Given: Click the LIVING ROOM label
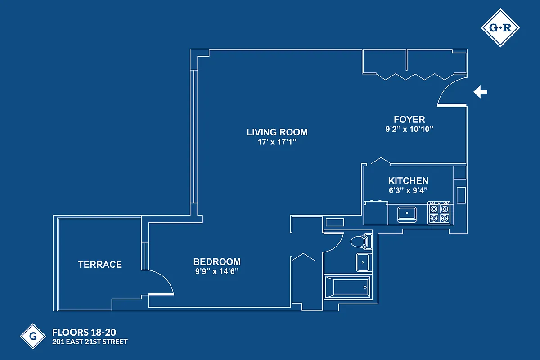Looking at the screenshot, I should click(x=277, y=132).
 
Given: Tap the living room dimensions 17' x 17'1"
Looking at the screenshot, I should click(x=277, y=142).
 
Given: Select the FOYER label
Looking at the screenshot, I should click(x=409, y=119).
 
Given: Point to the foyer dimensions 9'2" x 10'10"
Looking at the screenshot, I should click(x=409, y=129).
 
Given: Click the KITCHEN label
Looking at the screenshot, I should click(x=408, y=181).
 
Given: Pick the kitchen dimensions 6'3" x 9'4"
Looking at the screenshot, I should click(x=408, y=190).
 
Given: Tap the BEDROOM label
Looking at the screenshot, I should click(x=217, y=261).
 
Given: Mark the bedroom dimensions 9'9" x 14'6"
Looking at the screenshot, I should click(x=217, y=271).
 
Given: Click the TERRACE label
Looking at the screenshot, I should click(x=100, y=265).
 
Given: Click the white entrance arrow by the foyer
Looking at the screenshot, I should click(x=480, y=92).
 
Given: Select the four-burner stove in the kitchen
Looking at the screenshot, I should click(x=439, y=212).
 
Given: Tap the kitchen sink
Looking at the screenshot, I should click(x=407, y=213).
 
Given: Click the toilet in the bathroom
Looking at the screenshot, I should click(x=360, y=242).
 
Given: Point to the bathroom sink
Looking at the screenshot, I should click(x=363, y=262).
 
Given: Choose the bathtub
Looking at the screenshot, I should click(x=348, y=287).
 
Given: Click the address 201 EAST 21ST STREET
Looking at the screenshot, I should click(x=90, y=342).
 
